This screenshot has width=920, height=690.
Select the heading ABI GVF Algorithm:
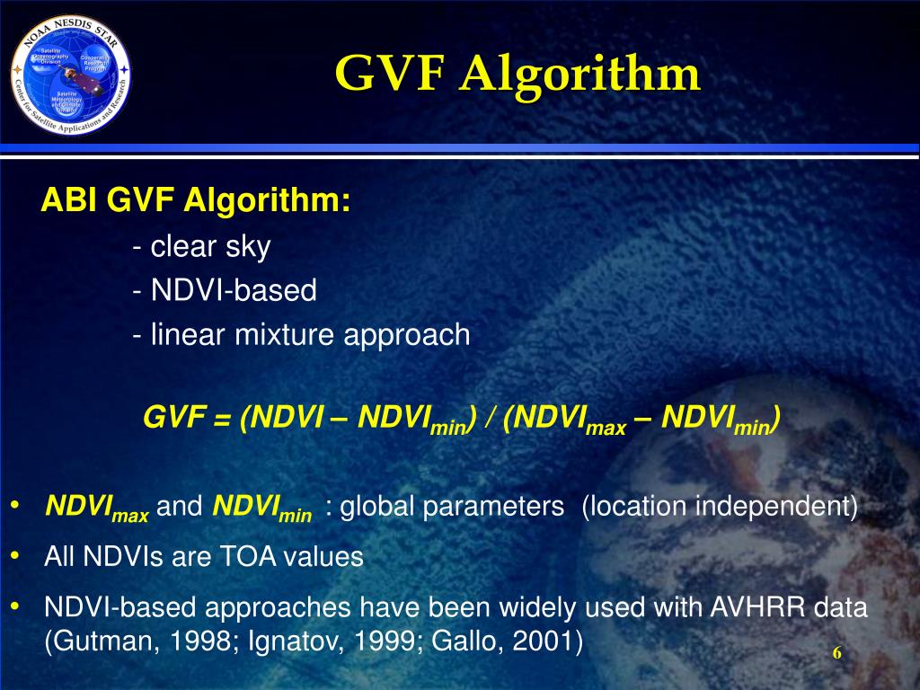[196, 201]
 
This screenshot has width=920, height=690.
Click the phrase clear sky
[210, 246]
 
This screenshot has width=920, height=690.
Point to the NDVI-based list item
[225, 290]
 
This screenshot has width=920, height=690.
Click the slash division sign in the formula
[487, 418]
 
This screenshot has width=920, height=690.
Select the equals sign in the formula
[223, 419]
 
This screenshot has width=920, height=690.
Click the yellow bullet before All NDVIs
[15, 557]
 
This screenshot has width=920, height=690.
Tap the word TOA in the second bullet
[249, 557]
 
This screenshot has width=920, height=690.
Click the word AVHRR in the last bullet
[751, 608]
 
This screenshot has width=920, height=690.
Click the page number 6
[836, 653]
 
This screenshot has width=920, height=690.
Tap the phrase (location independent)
[720, 507]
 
